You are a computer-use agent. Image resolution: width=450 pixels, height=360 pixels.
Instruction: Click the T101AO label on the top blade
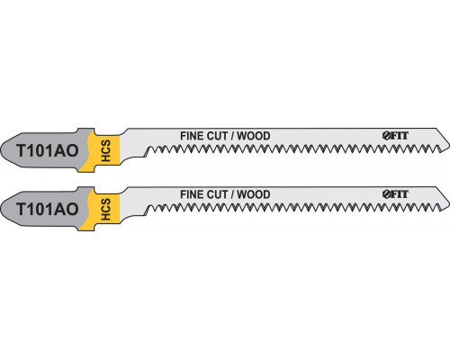coord(48,150)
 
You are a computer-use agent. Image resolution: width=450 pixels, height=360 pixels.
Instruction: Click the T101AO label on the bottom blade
coord(48,209)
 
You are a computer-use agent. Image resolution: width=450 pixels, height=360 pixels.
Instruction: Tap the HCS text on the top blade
coord(106,151)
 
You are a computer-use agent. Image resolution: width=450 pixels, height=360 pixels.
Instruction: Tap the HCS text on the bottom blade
coord(106,210)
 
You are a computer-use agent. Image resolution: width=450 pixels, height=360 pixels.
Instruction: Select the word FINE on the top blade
coord(189,136)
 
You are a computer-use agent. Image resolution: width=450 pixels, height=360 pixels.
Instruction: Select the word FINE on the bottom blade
coord(189,194)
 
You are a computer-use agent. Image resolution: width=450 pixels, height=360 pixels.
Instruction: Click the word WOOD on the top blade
coord(254,136)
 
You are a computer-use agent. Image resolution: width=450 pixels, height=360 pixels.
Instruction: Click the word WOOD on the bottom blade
coord(254,194)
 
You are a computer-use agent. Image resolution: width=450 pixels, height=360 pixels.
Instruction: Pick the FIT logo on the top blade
coord(395,136)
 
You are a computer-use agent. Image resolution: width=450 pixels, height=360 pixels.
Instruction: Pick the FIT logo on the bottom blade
coord(395,194)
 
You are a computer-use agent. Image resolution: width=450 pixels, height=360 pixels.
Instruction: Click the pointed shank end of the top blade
coord(1,150)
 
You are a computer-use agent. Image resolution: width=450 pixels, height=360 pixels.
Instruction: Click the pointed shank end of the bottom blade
coord(1,209)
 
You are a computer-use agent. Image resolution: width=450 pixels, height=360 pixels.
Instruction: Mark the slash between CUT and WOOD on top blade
coord(232,136)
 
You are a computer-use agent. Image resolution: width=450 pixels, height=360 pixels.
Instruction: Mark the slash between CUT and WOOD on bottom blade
coord(232,194)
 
